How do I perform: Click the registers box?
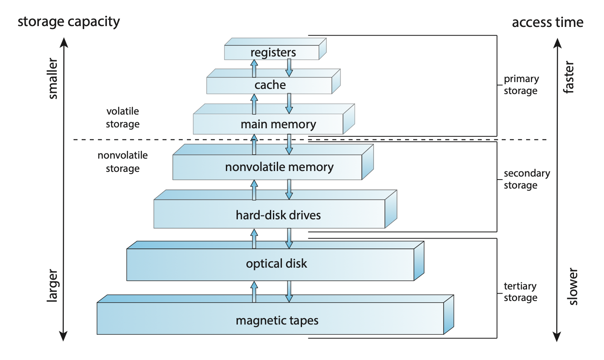pyautogui.click(x=272, y=52)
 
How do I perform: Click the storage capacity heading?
pyautogui.click(x=68, y=21)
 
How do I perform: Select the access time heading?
pyautogui.click(x=548, y=22)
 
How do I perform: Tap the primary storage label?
pyautogui.click(x=521, y=85)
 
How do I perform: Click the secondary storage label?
pyautogui.click(x=527, y=179)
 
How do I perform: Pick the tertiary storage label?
pyautogui.click(x=520, y=292)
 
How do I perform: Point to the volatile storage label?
pyautogui.click(x=123, y=118)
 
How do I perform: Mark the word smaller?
pyautogui.click(x=53, y=79)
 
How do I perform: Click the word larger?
pyautogui.click(x=52, y=286)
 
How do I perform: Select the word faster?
pyautogui.click(x=569, y=77)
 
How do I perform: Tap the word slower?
pyautogui.click(x=573, y=286)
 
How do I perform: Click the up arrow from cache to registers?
pyautogui.click(x=254, y=68)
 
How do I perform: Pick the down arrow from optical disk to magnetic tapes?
pyautogui.click(x=289, y=292)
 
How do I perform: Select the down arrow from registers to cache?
pyautogui.click(x=289, y=68)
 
